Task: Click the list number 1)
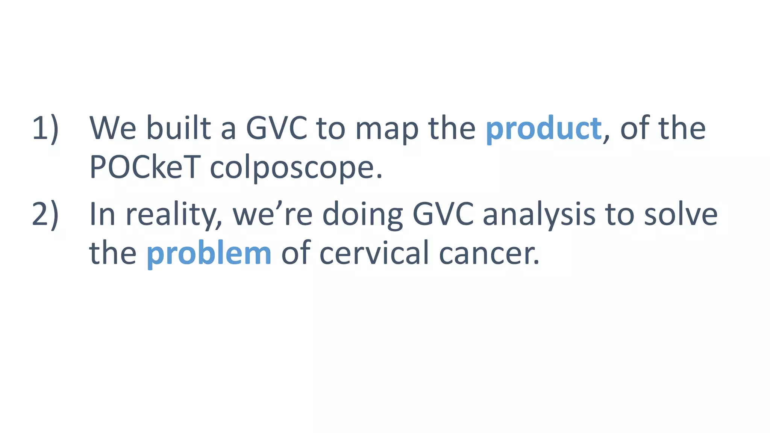[45, 129]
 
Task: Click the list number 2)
[45, 215]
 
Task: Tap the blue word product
[543, 129]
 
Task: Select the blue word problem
[209, 253]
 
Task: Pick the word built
[179, 129]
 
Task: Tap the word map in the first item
[387, 129]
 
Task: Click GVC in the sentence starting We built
[276, 129]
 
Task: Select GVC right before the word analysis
[443, 215]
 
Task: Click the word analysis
[539, 215]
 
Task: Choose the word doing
[362, 215]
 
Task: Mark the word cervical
[374, 253]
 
